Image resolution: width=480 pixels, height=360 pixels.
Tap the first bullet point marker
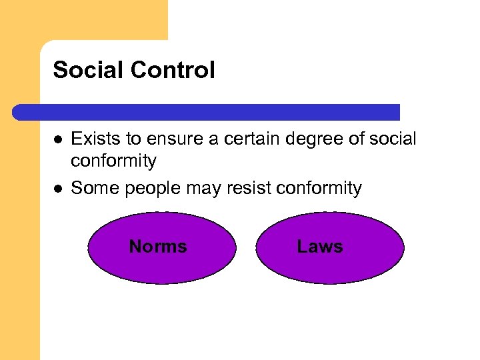[x=59, y=140]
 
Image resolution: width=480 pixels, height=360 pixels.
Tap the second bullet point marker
[x=59, y=189]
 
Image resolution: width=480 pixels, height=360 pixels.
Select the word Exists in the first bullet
[x=93, y=139]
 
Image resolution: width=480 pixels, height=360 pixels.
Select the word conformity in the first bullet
[x=113, y=161]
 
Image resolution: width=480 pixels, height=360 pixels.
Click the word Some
[x=92, y=189]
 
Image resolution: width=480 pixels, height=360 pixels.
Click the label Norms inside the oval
[x=158, y=247]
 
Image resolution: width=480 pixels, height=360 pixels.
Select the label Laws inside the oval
[x=320, y=247]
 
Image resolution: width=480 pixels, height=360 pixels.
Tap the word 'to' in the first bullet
[x=129, y=139]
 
